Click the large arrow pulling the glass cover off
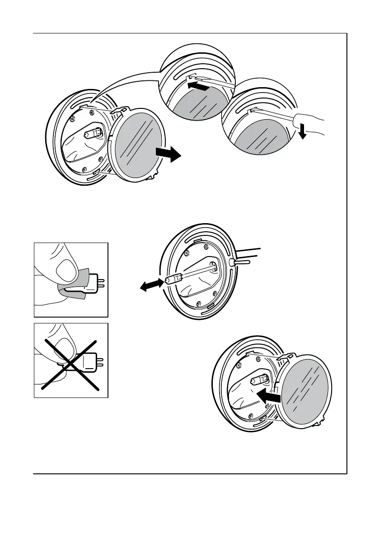point(168,155)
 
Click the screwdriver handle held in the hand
point(303,120)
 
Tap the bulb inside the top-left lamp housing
point(91,134)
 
